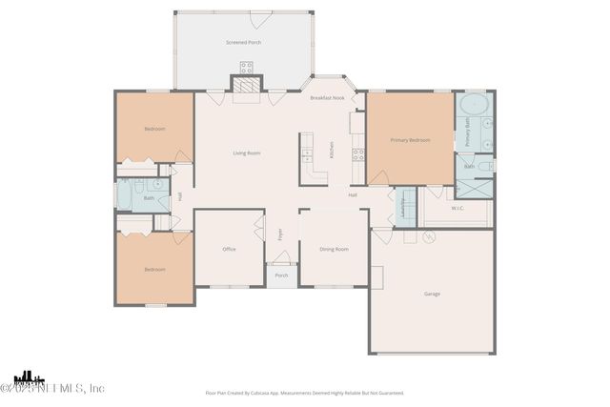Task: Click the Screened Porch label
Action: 243,43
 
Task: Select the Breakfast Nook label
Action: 327,98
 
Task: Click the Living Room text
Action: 247,153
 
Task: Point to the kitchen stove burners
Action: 358,153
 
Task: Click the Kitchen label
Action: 332,150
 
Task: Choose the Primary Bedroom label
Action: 410,140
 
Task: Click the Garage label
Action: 432,294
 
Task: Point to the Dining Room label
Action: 334,249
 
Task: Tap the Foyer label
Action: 280,234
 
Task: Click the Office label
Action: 229,249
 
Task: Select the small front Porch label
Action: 281,275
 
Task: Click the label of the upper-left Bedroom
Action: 154,129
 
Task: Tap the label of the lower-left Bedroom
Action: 154,270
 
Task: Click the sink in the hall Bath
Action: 157,184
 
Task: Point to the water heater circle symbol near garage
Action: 428,235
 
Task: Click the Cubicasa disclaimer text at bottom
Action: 305,392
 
